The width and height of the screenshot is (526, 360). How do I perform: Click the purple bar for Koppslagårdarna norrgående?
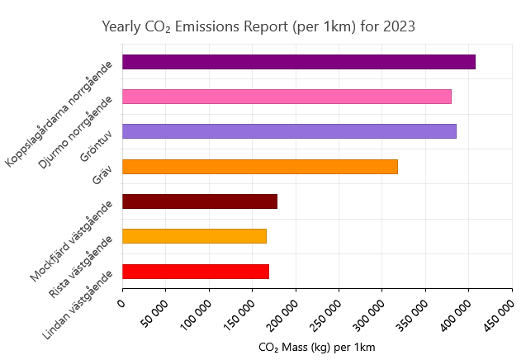pos(299,62)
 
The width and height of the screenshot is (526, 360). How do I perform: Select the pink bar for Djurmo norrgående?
pos(287,97)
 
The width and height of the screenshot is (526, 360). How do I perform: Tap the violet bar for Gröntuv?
pos(289,131)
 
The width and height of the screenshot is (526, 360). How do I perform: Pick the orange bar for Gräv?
pos(260,167)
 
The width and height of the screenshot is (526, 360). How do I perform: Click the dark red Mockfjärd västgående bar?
pos(200,201)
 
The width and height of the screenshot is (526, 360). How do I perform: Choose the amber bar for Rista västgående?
pos(195,236)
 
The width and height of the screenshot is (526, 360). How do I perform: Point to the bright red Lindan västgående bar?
pos(196,272)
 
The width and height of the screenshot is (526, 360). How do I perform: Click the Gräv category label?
pos(102,174)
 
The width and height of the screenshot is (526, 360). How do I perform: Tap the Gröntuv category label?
pos(96,145)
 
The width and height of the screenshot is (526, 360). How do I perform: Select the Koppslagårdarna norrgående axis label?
pos(59,114)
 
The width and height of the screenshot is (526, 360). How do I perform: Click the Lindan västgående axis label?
pos(78,305)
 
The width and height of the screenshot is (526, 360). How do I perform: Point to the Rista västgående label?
pos(81,267)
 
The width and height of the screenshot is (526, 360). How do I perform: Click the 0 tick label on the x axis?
pos(121,303)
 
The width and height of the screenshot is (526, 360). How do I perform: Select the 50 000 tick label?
pos(154,314)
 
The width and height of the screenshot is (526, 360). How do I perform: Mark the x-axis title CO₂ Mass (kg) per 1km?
pos(317,348)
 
